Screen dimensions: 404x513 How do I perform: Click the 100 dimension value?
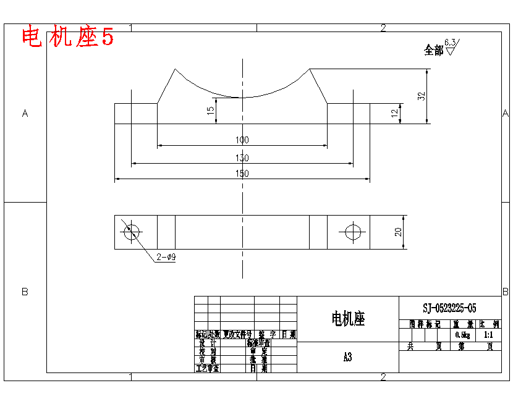point(242,140)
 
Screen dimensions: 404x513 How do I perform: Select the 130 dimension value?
point(242,158)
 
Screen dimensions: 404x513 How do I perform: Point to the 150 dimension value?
point(242,174)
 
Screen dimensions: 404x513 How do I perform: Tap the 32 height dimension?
point(422,96)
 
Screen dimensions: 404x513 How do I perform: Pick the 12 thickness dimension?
point(394,113)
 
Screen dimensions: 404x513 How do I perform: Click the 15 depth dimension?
point(211,111)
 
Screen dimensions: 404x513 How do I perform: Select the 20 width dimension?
point(399,232)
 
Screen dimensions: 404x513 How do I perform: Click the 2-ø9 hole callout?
point(166,257)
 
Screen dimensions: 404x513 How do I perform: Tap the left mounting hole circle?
point(131,232)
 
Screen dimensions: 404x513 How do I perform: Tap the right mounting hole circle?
point(353,232)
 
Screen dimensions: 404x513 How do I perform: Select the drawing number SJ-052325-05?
point(449,308)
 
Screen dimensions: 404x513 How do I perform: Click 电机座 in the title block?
point(348,319)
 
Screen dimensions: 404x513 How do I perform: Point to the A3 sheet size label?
point(347,357)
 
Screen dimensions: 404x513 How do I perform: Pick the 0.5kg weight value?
point(462,335)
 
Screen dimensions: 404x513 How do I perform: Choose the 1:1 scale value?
point(488,335)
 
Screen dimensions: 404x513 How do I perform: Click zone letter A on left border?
point(25,114)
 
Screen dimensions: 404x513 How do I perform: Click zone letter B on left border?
point(25,292)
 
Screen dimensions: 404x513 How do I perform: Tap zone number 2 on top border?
point(383,28)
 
